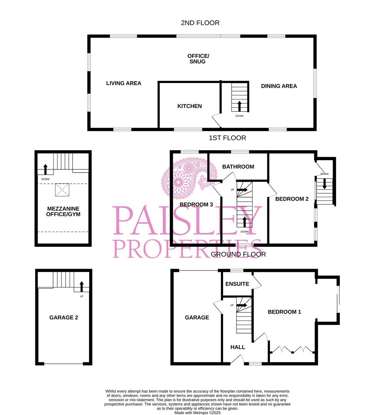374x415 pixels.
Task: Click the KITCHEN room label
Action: [189, 106]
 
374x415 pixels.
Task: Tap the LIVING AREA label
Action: [124, 83]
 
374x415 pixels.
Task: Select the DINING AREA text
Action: [279, 86]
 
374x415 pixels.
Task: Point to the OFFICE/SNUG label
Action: [197, 58]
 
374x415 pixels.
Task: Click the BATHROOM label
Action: [238, 166]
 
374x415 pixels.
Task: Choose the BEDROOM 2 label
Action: [292, 199]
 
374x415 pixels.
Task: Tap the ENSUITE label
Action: [237, 284]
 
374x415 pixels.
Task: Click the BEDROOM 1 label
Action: [284, 312]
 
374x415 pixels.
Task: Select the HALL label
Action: [238, 347]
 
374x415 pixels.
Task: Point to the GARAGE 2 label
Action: [64, 317]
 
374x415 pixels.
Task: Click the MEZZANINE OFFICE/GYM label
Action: [63, 211]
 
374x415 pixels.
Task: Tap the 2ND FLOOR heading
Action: [200, 23]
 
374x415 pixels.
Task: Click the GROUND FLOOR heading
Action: [238, 254]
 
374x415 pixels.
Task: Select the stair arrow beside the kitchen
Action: [240, 106]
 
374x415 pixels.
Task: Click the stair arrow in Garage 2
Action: [81, 286]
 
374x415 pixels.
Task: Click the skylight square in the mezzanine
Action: [61, 189]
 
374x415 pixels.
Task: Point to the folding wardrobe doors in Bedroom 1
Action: [292, 349]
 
